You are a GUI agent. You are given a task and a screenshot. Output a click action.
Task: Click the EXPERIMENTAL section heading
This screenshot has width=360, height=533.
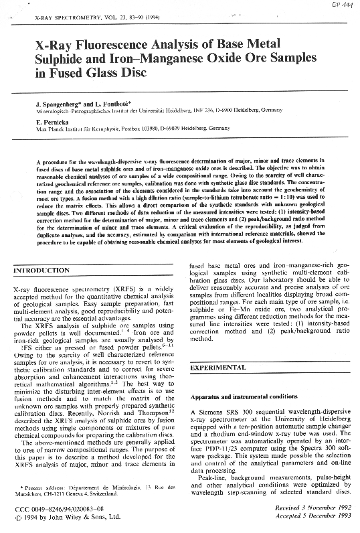[x=219, y=368]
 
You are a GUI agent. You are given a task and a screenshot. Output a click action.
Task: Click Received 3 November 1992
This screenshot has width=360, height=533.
[x=307, y=508]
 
